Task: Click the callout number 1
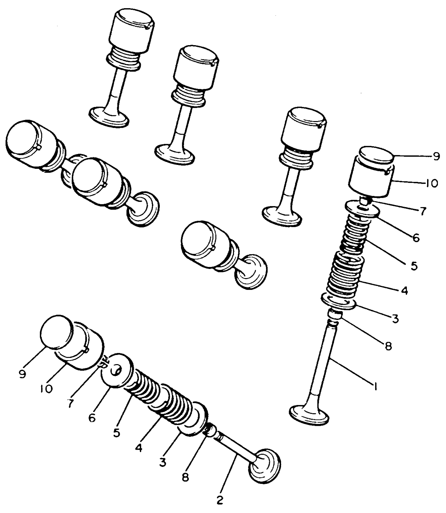[375, 386]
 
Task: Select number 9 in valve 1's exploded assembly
[436, 157]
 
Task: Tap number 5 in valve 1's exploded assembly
[414, 265]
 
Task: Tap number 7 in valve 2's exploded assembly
[70, 404]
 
